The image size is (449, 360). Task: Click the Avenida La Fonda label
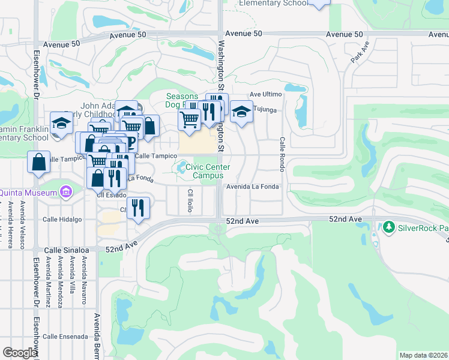(x=253, y=187)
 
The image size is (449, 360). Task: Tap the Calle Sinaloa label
(x=67, y=250)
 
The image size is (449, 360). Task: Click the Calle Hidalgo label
(x=62, y=220)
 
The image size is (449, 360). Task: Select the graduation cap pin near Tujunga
(x=241, y=112)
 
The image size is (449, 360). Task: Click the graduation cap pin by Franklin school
(x=61, y=124)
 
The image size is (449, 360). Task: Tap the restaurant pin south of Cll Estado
(x=139, y=208)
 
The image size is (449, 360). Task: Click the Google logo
(x=19, y=352)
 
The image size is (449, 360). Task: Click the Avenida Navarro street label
(x=83, y=283)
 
